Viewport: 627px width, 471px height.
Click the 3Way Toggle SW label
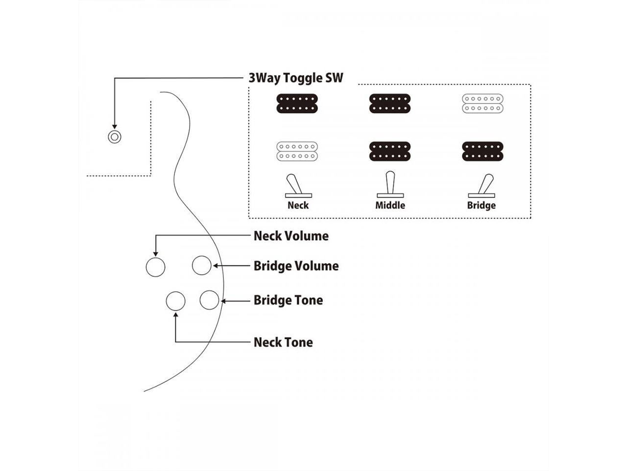[296, 78]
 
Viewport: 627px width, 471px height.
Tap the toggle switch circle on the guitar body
[115, 136]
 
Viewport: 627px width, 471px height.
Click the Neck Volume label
[291, 236]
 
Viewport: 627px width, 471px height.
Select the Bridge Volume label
[296, 266]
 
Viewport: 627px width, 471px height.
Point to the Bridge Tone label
[288, 300]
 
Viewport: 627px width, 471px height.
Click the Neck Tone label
[283, 342]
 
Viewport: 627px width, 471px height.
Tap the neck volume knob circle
[156, 267]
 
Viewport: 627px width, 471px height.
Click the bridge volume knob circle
[201, 265]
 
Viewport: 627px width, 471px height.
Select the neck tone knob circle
[175, 301]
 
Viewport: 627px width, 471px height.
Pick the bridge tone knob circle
[209, 300]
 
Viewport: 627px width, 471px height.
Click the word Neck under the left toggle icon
[298, 206]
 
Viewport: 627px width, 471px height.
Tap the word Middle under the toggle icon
[390, 206]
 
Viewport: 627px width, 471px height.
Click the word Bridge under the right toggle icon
[481, 206]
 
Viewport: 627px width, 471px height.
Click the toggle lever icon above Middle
[390, 184]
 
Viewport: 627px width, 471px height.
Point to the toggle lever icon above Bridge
[483, 185]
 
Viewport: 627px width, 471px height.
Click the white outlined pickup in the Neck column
[297, 151]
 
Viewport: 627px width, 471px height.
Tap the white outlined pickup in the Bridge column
[482, 104]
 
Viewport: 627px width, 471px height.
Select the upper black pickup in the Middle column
[390, 104]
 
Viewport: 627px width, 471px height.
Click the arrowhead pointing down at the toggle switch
[115, 126]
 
